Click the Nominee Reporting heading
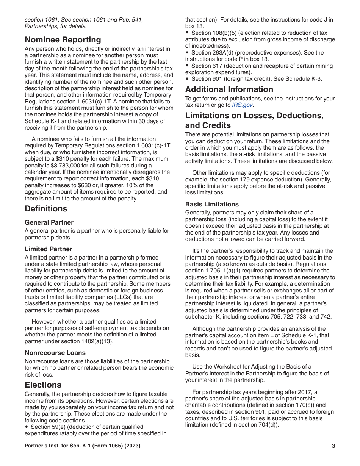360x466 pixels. click(63, 40)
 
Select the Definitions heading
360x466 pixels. click(46, 209)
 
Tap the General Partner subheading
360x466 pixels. click(49, 222)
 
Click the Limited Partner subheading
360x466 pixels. click(49, 249)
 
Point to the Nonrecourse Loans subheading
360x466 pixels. click(55, 353)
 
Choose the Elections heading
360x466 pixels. click(43, 385)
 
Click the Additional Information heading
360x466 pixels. click(229, 89)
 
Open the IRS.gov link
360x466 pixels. click(243, 105)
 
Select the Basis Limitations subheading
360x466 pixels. click(212, 204)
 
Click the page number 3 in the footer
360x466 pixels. click(333, 446)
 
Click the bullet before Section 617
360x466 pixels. click(187, 66)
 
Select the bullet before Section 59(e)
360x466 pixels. click(27, 427)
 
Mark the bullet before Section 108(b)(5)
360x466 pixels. click(187, 33)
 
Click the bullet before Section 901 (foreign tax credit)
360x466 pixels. click(187, 79)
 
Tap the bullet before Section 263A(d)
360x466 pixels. click(187, 53)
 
